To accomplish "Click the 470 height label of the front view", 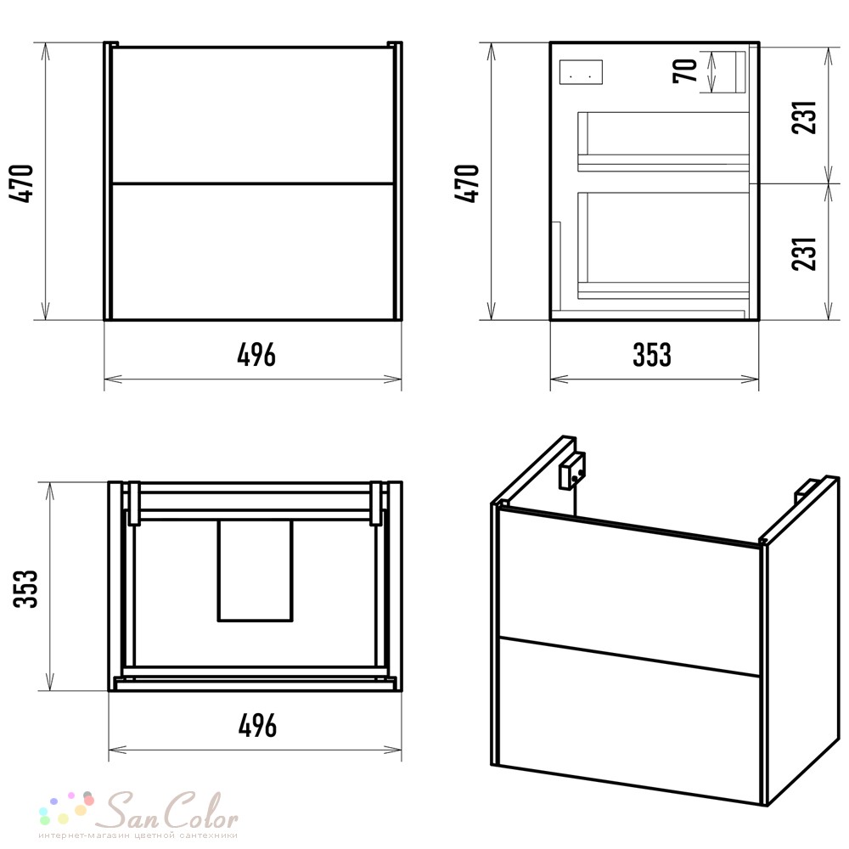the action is click(x=22, y=183).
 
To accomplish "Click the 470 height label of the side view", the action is click(x=467, y=183).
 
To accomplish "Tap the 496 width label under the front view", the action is click(x=256, y=355).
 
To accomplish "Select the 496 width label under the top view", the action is click(x=258, y=726).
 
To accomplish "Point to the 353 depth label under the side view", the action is click(x=652, y=355).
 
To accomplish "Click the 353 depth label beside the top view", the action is click(x=25, y=588).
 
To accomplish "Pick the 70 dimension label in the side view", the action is click(x=685, y=71).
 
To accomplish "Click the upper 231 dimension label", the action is click(x=803, y=117).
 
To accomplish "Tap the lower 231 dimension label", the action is click(x=803, y=253).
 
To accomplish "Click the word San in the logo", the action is click(x=131, y=811).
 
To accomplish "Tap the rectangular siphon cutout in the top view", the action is click(x=256, y=571).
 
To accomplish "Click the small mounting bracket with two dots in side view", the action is click(x=581, y=72).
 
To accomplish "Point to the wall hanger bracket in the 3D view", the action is click(x=571, y=470).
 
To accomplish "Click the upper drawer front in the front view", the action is click(x=252, y=115).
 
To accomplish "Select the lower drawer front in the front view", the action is click(x=252, y=252).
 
